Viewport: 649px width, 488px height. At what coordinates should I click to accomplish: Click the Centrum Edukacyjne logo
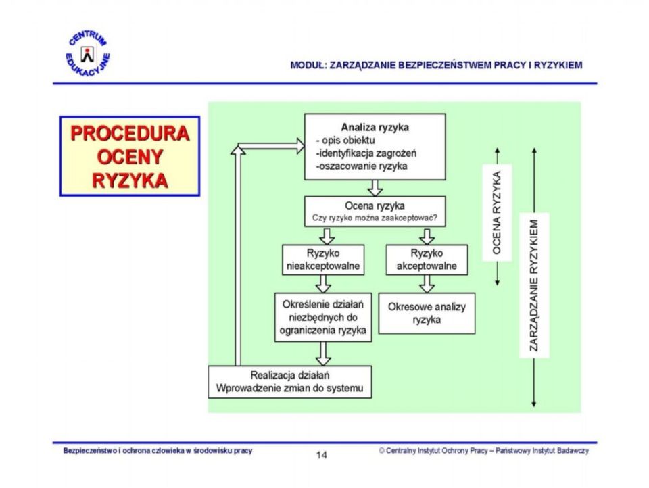(88, 54)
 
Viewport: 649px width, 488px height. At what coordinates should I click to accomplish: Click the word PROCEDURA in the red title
(130, 133)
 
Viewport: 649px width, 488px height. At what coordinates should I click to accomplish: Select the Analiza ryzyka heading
(375, 127)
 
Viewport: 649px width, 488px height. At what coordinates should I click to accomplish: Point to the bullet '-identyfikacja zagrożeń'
(366, 153)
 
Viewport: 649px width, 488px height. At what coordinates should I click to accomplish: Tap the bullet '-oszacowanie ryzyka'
(361, 166)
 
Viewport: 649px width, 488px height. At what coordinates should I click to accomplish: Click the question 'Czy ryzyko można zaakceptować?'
(375, 218)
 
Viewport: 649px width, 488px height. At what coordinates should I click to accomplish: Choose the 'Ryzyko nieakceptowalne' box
(323, 260)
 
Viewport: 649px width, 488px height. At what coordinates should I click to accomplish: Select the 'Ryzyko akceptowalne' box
(427, 260)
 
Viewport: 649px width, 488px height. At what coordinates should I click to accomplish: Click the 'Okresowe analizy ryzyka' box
(427, 314)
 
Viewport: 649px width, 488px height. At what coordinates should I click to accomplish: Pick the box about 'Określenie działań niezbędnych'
(323, 318)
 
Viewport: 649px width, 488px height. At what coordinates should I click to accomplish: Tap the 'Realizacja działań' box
(290, 382)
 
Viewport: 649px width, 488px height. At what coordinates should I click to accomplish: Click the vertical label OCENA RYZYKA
(497, 212)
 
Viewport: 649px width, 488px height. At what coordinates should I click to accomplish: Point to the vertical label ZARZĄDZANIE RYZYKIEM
(534, 285)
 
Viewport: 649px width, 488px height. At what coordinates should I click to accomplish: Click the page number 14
(322, 455)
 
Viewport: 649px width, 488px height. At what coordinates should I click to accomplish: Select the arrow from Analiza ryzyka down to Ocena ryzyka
(375, 188)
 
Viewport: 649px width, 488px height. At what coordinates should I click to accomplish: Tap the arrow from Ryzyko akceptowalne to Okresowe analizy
(427, 284)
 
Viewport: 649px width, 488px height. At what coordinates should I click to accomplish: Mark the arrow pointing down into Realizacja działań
(323, 353)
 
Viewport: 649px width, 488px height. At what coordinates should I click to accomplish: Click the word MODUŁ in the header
(308, 65)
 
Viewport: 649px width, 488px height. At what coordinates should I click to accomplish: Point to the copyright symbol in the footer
(381, 451)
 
